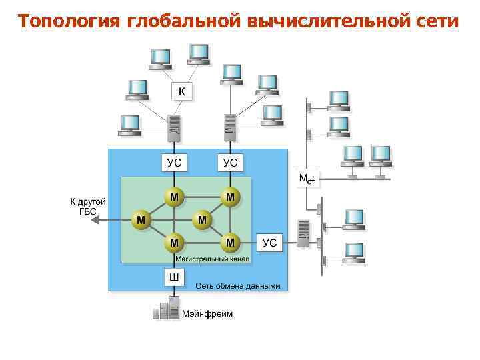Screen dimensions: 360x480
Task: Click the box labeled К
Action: tap(182, 91)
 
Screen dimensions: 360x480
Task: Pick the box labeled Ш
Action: tap(173, 277)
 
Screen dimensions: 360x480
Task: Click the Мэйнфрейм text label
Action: tap(208, 313)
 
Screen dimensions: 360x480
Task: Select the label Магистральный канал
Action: tap(212, 257)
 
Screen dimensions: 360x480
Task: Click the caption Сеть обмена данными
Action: tap(237, 286)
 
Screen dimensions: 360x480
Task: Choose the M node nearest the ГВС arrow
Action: tap(141, 219)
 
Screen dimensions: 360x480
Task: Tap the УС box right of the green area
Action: tap(269, 242)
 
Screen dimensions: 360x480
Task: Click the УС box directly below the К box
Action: tap(174, 162)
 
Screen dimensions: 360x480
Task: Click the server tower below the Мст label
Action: tap(303, 233)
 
